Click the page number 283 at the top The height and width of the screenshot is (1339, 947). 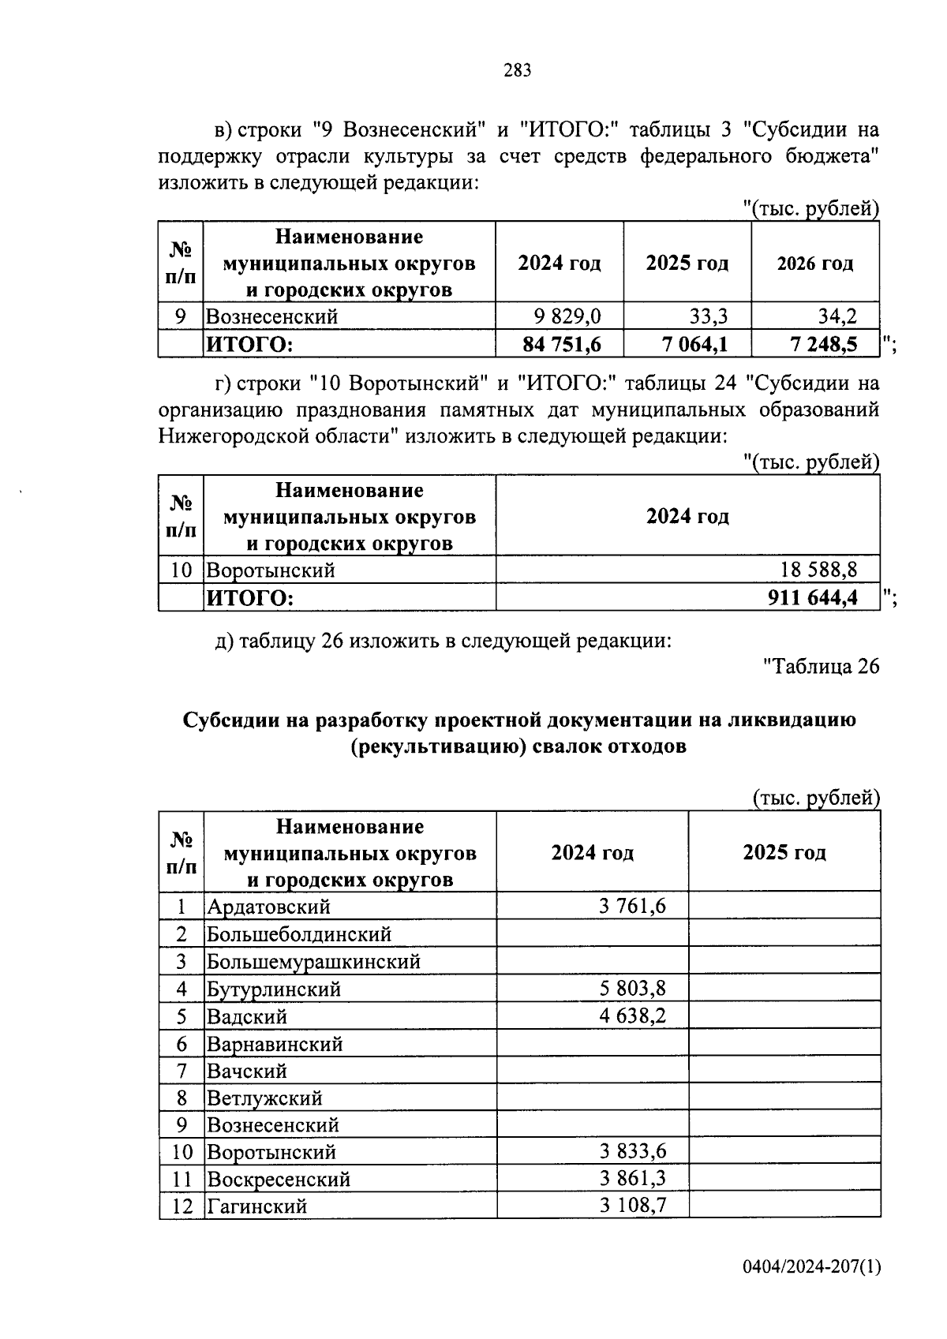click(x=518, y=71)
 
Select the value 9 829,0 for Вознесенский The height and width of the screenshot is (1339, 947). click(x=567, y=317)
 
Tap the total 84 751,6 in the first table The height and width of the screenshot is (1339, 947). click(x=561, y=344)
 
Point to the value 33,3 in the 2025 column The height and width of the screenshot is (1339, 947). click(x=708, y=317)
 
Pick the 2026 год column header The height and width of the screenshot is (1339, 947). click(x=814, y=264)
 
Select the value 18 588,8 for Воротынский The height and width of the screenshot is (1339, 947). click(x=818, y=570)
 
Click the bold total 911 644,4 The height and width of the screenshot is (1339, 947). click(x=812, y=597)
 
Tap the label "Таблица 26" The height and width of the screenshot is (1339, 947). click(x=821, y=667)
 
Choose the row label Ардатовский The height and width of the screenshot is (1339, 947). click(x=268, y=907)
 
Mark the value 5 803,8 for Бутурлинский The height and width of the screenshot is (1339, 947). click(x=632, y=989)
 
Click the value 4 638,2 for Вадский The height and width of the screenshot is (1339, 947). click(x=632, y=1016)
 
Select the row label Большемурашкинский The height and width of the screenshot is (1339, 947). click(x=313, y=962)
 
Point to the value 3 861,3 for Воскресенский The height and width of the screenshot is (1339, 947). click(x=632, y=1179)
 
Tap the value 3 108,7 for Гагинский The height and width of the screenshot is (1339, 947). click(x=632, y=1206)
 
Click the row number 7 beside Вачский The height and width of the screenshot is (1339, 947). click(x=182, y=1071)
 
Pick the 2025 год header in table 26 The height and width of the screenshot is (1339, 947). click(x=784, y=853)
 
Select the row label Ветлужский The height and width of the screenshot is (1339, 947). click(x=264, y=1098)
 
